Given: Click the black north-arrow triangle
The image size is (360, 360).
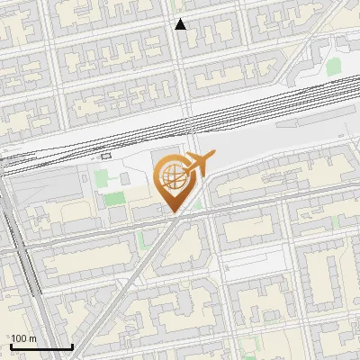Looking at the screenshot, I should pyautogui.click(x=180, y=24).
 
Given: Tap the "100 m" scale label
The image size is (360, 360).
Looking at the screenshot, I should pyautogui.click(x=24, y=338).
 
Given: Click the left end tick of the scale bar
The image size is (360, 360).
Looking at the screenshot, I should pyautogui.click(x=11, y=346).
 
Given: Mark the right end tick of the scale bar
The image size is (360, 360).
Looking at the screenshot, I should pyautogui.click(x=72, y=346).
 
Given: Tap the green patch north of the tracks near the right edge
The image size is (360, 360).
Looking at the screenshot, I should pyautogui.click(x=333, y=67).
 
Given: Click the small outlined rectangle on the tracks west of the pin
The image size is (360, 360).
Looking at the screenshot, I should pyautogui.click(x=106, y=156).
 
